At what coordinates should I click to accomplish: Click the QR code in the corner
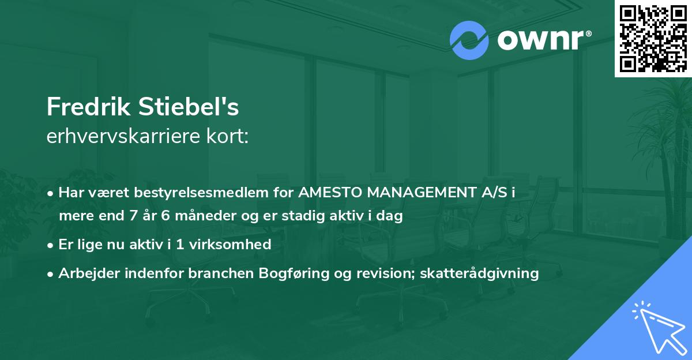point(653,38)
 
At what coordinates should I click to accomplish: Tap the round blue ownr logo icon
point(469,40)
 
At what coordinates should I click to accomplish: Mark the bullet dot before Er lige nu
point(51,245)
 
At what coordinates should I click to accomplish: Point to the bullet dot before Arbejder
point(51,273)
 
